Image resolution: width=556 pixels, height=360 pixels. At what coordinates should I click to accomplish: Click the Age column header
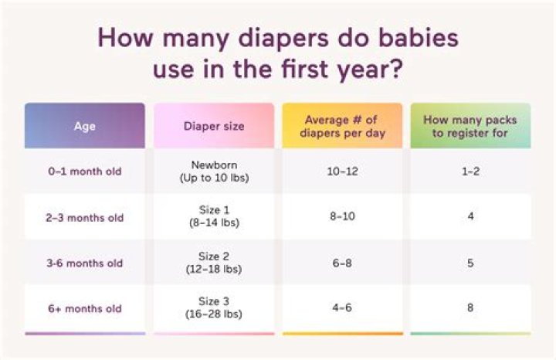pos(84,126)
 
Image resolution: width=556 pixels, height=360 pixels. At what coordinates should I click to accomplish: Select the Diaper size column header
pos(213,126)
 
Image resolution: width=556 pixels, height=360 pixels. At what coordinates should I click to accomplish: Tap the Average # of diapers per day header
pos(342,126)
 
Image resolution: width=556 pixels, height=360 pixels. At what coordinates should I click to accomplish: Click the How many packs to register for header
pos(470,126)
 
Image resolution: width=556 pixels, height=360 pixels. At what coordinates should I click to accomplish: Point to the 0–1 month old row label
pos(84,172)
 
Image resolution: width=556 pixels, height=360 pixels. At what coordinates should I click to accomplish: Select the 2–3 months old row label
pos(84,217)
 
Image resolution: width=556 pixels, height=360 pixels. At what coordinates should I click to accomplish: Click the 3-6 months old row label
pos(84,263)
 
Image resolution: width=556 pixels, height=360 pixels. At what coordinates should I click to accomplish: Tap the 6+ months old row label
pos(84,308)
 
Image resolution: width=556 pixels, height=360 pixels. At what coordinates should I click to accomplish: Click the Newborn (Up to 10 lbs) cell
pos(213,172)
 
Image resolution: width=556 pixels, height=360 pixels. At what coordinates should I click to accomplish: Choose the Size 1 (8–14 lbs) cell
pos(213,217)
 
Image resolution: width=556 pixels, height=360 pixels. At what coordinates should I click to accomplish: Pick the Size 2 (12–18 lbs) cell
pos(213,263)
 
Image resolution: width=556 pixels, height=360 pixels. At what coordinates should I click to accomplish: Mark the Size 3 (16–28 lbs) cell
pos(213,308)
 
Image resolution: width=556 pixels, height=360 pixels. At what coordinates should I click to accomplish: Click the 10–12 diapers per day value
pos(342,172)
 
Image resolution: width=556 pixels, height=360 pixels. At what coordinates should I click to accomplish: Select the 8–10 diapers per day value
pos(342,217)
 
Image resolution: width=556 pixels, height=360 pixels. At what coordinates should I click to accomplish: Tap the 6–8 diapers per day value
pos(342,263)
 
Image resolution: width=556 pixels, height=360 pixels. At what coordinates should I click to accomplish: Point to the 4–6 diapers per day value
pos(342,308)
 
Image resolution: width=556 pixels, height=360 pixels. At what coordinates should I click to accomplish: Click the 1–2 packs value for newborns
pos(470,172)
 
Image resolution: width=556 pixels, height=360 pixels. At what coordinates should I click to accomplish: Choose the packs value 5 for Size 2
pos(470,263)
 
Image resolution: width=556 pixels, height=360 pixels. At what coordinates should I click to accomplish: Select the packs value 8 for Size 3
pos(470,308)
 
